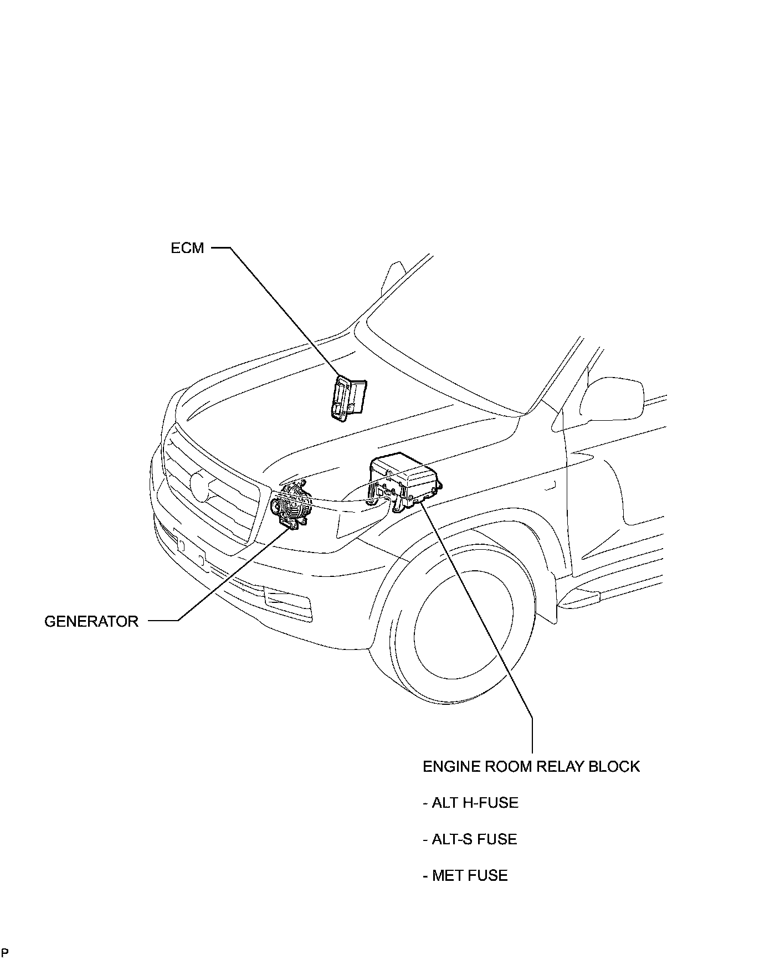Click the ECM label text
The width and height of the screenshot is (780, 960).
click(187, 248)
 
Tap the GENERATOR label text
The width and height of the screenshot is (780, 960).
click(91, 621)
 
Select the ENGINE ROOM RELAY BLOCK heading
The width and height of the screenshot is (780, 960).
click(531, 767)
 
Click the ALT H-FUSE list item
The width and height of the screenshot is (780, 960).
click(470, 803)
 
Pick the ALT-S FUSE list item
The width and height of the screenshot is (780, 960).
click(470, 839)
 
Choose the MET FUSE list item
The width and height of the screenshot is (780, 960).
click(465, 876)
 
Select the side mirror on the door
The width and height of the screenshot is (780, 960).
click(615, 399)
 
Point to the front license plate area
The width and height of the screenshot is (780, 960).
click(188, 548)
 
